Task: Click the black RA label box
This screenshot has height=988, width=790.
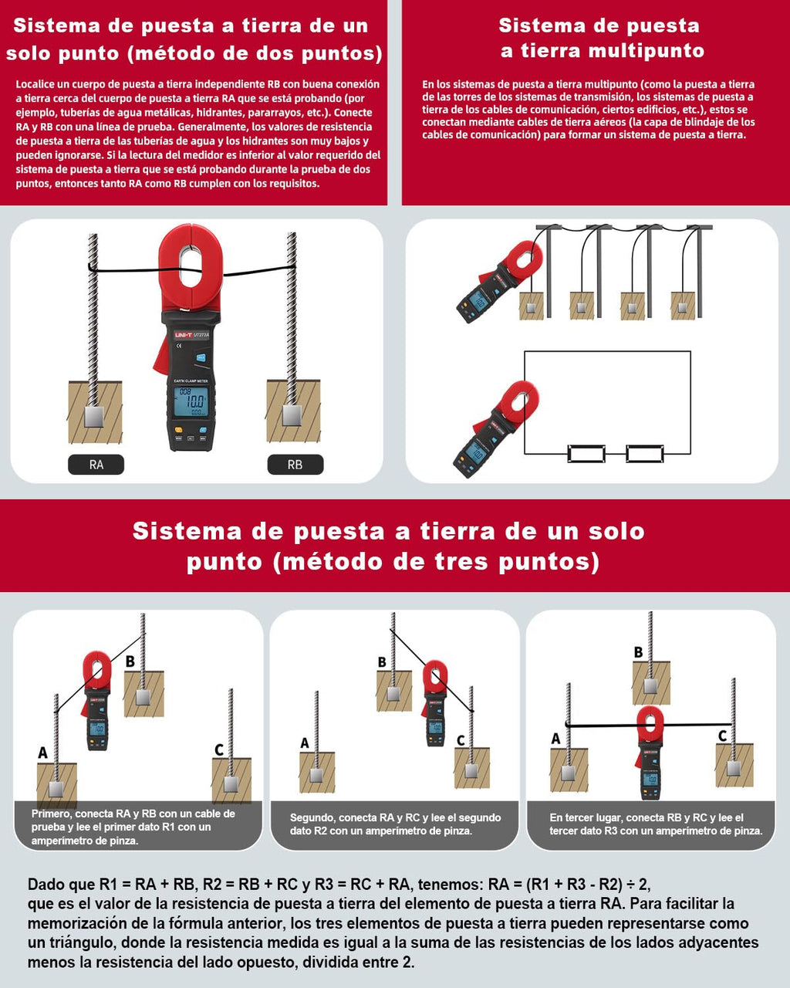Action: [x=96, y=464]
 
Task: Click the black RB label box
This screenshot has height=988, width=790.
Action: [x=295, y=464]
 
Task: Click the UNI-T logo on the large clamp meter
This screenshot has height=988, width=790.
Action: [x=183, y=335]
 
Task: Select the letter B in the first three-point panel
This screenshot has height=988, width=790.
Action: [x=130, y=661]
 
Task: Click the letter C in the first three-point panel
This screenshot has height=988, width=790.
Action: [x=219, y=749]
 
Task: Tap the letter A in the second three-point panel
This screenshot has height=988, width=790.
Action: [x=304, y=743]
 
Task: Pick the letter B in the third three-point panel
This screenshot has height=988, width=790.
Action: [x=638, y=652]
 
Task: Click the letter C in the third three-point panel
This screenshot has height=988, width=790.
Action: [x=723, y=736]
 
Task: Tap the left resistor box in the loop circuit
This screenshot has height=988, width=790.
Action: [x=586, y=453]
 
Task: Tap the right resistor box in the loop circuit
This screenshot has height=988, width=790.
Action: [x=645, y=453]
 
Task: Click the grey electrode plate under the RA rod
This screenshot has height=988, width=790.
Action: [x=95, y=416]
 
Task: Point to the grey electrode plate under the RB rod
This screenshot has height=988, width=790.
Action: [x=292, y=415]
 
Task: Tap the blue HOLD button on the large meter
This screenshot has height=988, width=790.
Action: [x=201, y=357]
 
